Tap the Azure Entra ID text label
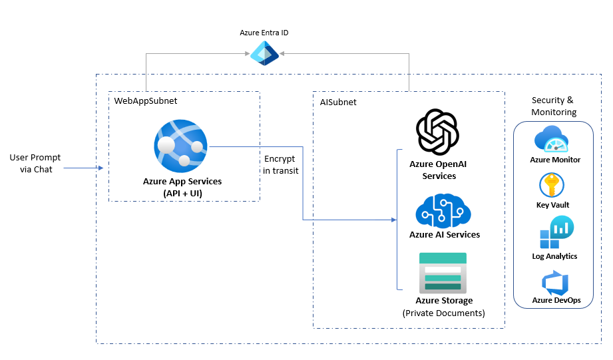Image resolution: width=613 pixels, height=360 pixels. click(x=264, y=33)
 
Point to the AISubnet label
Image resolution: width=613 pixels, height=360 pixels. click(x=337, y=102)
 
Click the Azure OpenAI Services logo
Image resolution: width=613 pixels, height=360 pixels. click(x=438, y=132)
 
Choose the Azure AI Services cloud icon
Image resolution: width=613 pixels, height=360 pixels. click(x=443, y=210)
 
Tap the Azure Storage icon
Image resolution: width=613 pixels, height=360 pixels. click(x=443, y=273)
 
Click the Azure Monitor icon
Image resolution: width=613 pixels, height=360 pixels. click(x=554, y=140)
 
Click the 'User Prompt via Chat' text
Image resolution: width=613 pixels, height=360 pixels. click(x=35, y=163)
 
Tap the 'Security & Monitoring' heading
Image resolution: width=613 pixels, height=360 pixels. click(x=553, y=106)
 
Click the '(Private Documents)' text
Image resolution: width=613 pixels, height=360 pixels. click(x=444, y=313)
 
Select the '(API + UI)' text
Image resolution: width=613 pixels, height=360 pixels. click(x=182, y=192)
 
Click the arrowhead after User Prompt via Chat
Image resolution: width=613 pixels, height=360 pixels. click(x=101, y=168)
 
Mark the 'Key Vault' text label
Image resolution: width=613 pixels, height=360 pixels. click(x=552, y=205)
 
